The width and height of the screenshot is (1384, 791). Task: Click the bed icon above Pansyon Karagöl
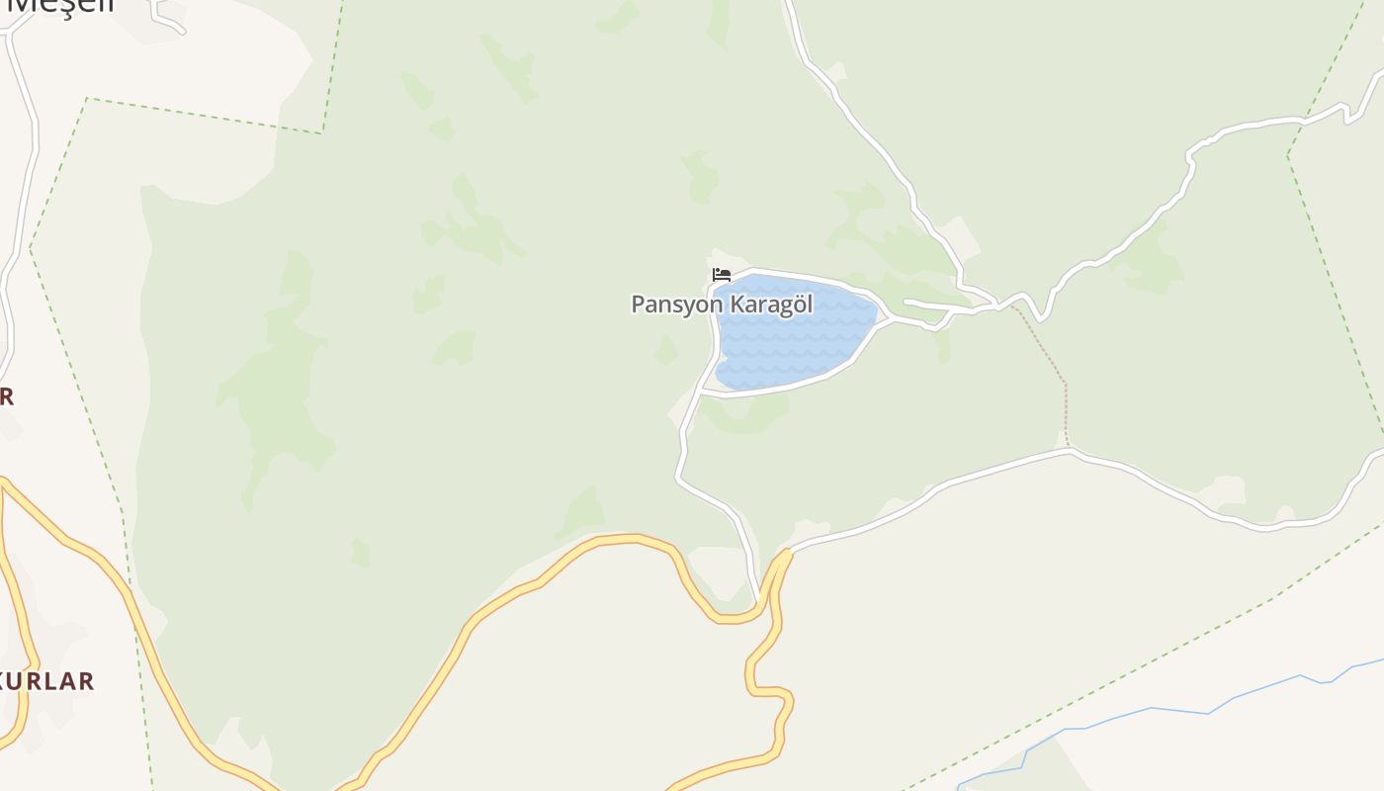tap(722, 275)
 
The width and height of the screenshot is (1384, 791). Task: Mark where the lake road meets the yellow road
tap(759, 600)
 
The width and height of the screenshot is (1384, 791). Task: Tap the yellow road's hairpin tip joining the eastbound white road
tap(787, 553)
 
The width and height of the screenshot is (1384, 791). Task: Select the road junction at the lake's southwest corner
tap(700, 392)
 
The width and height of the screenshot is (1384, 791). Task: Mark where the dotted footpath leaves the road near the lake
tap(1010, 306)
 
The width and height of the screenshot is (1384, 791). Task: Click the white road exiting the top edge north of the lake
tap(790, 10)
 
